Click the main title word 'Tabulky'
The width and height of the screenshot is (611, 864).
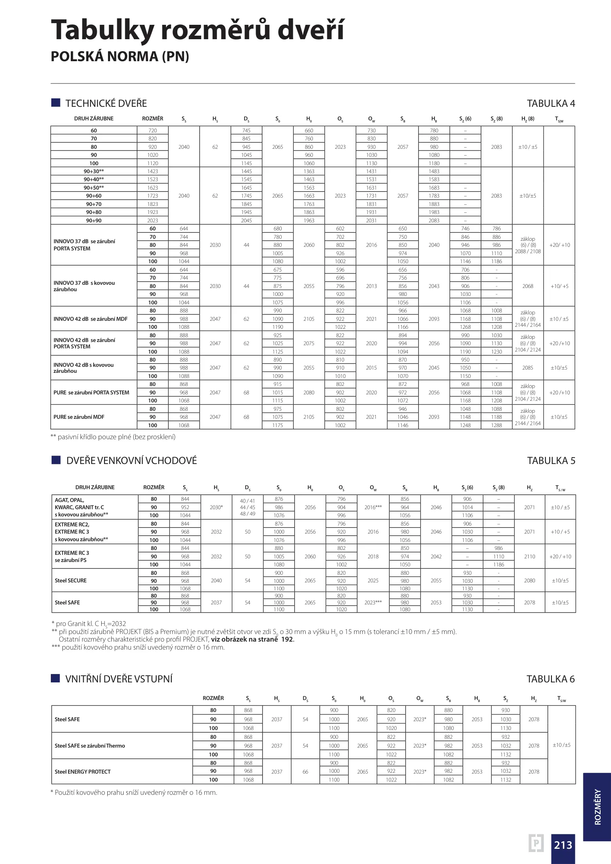tap(102, 30)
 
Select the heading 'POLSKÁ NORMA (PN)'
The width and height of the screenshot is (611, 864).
tap(120, 56)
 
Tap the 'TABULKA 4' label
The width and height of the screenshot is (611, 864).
tap(551, 104)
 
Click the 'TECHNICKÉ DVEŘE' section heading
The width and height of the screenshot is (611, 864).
tap(106, 104)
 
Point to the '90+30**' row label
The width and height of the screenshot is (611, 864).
tap(94, 171)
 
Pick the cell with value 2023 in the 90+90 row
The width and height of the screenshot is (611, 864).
tap(152, 220)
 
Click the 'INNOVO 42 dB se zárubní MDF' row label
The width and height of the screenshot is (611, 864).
tap(90, 319)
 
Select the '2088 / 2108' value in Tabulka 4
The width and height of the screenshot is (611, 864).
tap(527, 251)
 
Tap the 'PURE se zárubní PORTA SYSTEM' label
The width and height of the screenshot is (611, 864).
tap(91, 392)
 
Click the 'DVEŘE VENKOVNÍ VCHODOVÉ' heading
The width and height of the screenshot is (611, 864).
tap(132, 460)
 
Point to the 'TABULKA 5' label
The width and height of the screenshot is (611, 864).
tap(551, 461)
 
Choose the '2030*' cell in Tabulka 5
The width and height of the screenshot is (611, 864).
tap(216, 507)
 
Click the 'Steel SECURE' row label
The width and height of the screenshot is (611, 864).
tap(70, 580)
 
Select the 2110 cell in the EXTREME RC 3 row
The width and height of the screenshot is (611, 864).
tap(529, 556)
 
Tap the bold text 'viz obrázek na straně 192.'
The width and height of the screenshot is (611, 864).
tap(252, 639)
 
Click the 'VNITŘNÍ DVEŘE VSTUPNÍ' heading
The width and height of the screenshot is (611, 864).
tap(119, 679)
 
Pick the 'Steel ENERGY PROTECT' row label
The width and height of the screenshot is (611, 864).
tap(82, 772)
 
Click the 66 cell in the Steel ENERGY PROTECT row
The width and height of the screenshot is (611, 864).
tap(305, 772)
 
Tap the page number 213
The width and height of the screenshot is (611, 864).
tap(563, 845)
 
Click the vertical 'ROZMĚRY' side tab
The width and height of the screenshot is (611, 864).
tap(597, 806)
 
